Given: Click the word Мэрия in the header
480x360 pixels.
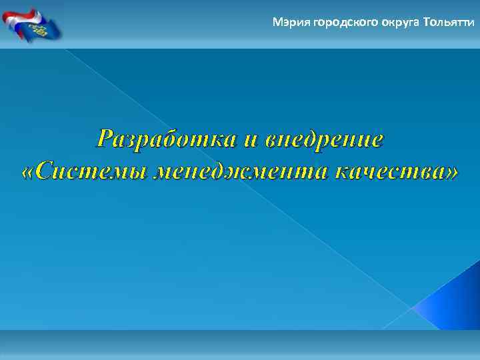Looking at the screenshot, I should tap(287, 23).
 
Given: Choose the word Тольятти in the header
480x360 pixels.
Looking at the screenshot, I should tap(449, 23).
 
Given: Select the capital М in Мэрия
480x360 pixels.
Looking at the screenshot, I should tap(277, 23).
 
